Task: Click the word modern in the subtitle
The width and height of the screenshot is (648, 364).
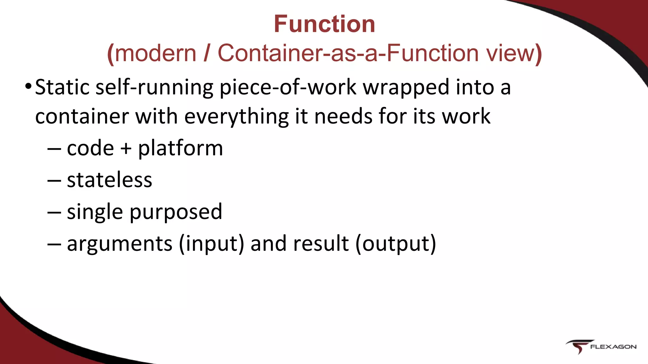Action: click(x=155, y=53)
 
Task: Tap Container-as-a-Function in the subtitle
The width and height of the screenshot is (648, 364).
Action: click(x=348, y=53)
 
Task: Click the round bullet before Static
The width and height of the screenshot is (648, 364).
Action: click(x=28, y=86)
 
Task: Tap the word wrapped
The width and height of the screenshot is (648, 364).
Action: click(x=406, y=88)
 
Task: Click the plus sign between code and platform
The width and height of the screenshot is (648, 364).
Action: click(x=126, y=148)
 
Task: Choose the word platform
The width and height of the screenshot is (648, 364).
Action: click(x=180, y=148)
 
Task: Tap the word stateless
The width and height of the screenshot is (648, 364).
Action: click(x=109, y=180)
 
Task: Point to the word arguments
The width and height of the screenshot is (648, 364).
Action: click(x=120, y=244)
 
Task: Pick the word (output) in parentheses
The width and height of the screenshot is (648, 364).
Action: click(x=396, y=244)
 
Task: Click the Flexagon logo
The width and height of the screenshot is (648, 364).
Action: click(x=601, y=347)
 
